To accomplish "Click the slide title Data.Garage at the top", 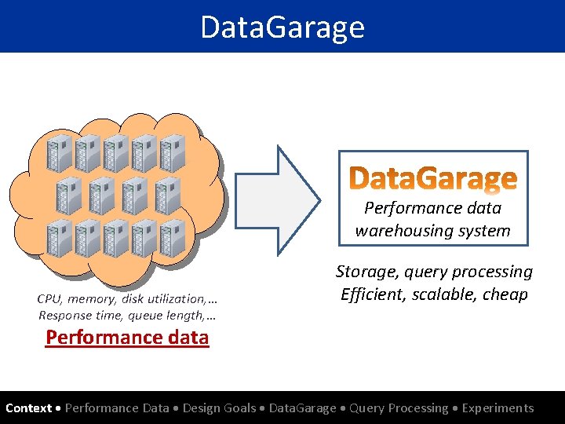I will point(282,27).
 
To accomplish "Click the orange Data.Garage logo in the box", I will point(433,179).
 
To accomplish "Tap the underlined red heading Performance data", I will point(127,338).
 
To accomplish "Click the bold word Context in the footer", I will point(28,408).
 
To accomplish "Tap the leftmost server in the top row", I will point(60,153).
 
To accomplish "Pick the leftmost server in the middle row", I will point(74,196).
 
